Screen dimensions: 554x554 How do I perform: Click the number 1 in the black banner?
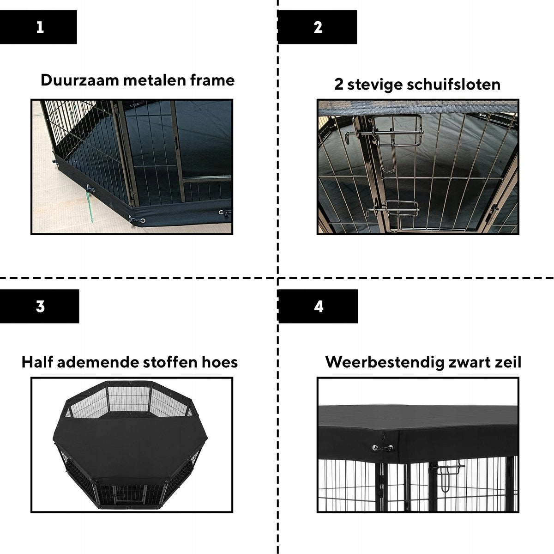(40, 27)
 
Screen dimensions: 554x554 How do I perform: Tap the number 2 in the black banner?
(318, 27)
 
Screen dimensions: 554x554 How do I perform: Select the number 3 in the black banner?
(40, 306)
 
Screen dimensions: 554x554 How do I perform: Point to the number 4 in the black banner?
(319, 306)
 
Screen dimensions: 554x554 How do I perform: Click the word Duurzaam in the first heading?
(79, 80)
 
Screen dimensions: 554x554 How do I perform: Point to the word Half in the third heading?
(37, 362)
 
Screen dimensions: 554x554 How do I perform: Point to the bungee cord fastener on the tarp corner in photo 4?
(382, 448)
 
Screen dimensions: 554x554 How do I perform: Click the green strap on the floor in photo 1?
(91, 207)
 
